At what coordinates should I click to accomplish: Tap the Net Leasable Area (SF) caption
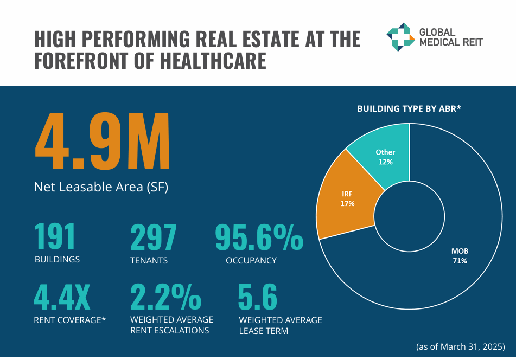click(x=101, y=188)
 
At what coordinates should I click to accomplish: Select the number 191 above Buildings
click(x=55, y=237)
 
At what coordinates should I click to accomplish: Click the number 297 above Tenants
click(x=154, y=237)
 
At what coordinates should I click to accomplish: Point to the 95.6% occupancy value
click(x=259, y=237)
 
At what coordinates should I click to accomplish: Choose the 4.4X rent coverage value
click(x=62, y=297)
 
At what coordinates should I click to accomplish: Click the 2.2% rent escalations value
click(x=165, y=297)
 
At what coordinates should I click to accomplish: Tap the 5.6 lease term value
click(x=258, y=297)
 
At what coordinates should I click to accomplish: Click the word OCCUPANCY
click(x=251, y=260)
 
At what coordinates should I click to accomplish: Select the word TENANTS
click(x=149, y=260)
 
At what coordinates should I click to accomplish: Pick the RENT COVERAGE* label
click(x=69, y=320)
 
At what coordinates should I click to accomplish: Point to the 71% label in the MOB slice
click(x=460, y=261)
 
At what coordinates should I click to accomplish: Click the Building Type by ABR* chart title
click(x=409, y=109)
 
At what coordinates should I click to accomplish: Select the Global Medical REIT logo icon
click(x=400, y=36)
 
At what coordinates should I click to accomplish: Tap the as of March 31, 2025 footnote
click(x=461, y=346)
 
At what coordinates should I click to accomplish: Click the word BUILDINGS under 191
click(x=57, y=259)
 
